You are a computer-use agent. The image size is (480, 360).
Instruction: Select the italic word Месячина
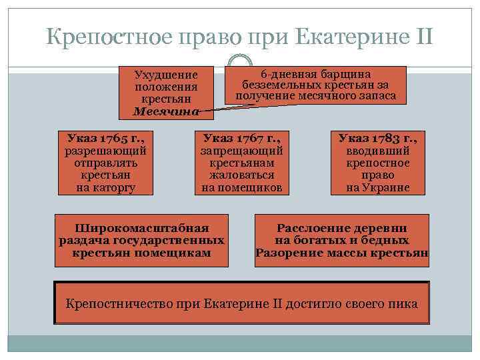[x=165, y=111]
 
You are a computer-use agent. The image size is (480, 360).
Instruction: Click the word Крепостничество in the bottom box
[x=113, y=304]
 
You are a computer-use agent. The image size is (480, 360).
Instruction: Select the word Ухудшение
[x=165, y=75]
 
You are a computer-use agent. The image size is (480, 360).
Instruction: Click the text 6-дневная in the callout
[x=285, y=74]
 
